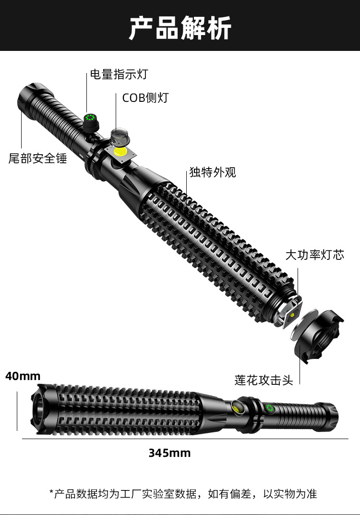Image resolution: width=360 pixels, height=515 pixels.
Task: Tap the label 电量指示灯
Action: click(x=119, y=74)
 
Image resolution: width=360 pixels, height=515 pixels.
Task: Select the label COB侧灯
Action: click(x=145, y=98)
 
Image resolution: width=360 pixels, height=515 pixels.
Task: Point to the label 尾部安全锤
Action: click(x=38, y=158)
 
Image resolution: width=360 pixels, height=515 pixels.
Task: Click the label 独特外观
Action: click(x=213, y=172)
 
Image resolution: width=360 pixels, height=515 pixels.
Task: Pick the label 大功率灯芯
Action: click(x=314, y=255)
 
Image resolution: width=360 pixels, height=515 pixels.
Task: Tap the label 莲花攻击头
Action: click(x=264, y=380)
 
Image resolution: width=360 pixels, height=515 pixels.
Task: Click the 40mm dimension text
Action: click(x=23, y=376)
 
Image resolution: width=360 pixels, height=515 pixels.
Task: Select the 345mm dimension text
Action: click(x=169, y=453)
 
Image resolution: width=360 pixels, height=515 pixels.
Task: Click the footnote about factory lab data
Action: click(x=183, y=493)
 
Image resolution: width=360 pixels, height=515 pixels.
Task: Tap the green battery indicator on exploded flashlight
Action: click(x=89, y=119)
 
